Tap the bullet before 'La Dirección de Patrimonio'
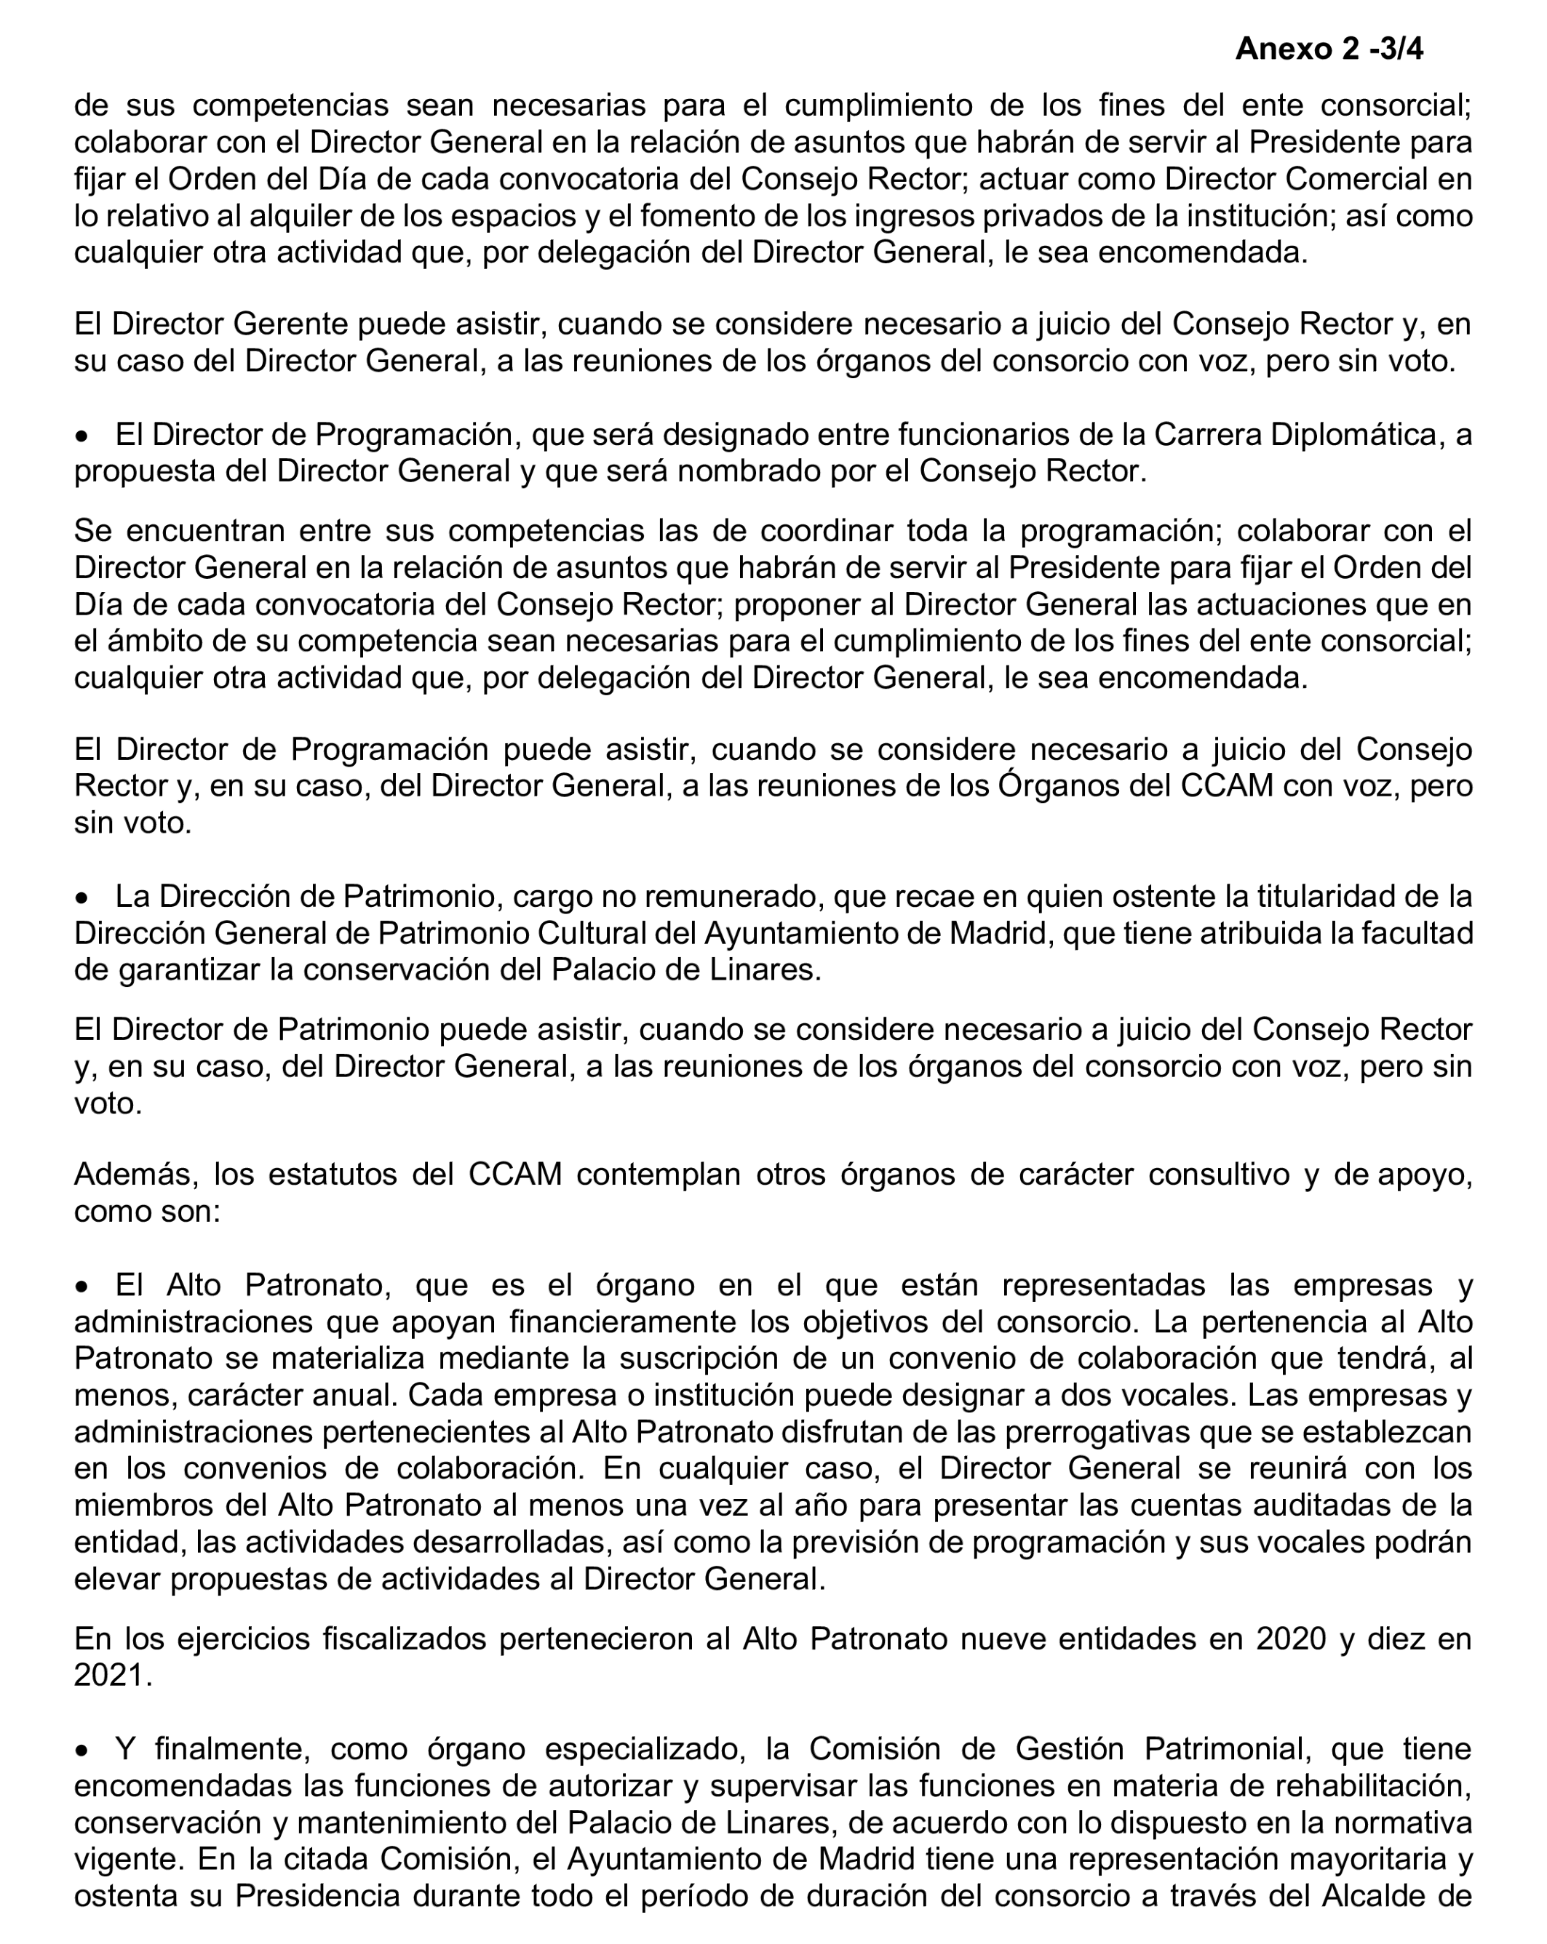pos(82,899)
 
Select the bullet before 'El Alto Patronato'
pos(82,1287)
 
